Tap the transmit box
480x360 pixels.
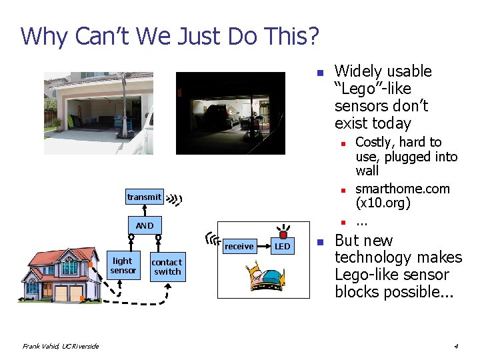[x=144, y=197]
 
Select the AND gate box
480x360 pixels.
[x=144, y=225]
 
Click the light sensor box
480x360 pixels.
[x=123, y=265]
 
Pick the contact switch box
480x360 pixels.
[x=167, y=267]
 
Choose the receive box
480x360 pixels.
[x=239, y=247]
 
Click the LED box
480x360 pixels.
[x=283, y=247]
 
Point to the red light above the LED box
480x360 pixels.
[x=283, y=234]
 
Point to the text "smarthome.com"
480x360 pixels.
[x=402, y=189]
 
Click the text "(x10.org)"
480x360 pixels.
[x=383, y=203]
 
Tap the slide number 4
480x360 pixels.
[x=455, y=346]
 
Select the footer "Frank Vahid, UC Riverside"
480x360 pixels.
[x=60, y=346]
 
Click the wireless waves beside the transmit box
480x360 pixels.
[x=175, y=198]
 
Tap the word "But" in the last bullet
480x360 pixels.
[x=347, y=241]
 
